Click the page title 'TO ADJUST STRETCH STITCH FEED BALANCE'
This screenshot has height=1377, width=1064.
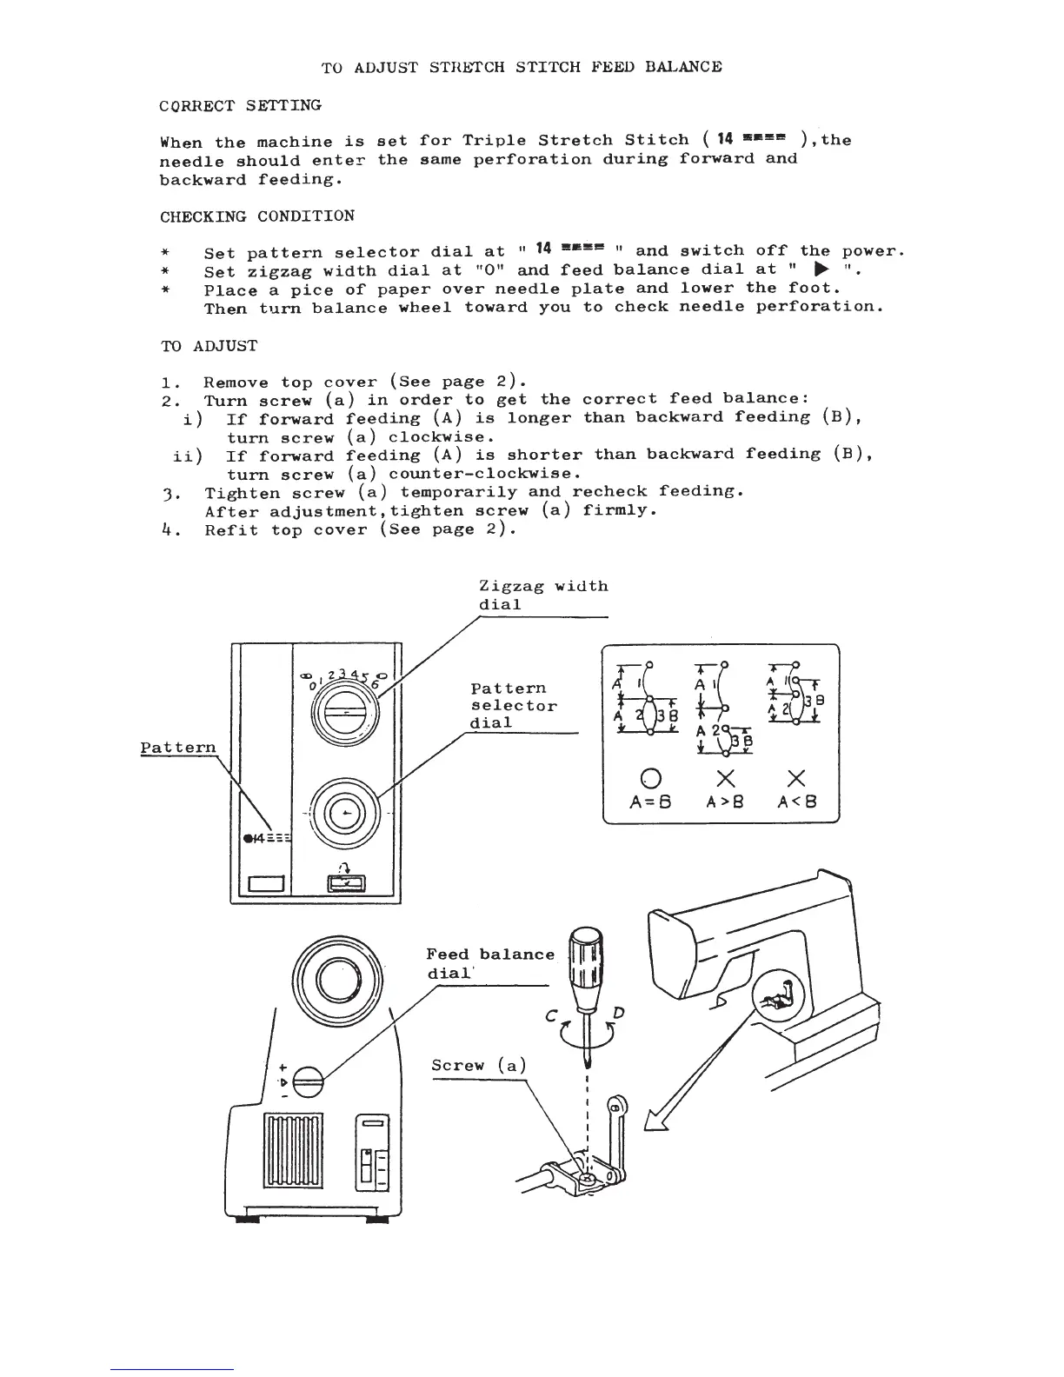pos(522,67)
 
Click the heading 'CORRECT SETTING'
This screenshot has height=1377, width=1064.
pos(241,106)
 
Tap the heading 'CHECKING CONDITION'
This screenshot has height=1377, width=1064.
pos(257,216)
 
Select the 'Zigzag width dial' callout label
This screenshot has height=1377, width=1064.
pos(543,595)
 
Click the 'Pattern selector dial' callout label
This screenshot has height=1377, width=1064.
pos(514,706)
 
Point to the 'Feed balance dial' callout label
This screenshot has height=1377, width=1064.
pos(489,963)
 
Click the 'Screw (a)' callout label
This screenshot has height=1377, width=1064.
pos(479,1066)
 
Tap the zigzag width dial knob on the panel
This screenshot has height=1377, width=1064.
pos(345,712)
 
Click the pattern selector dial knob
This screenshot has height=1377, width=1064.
pos(346,813)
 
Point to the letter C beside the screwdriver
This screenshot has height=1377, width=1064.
pos(551,1015)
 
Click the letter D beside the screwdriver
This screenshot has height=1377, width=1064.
pos(619,1013)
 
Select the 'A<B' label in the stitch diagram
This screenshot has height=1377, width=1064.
pos(796,802)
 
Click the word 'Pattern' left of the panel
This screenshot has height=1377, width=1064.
pos(178,748)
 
